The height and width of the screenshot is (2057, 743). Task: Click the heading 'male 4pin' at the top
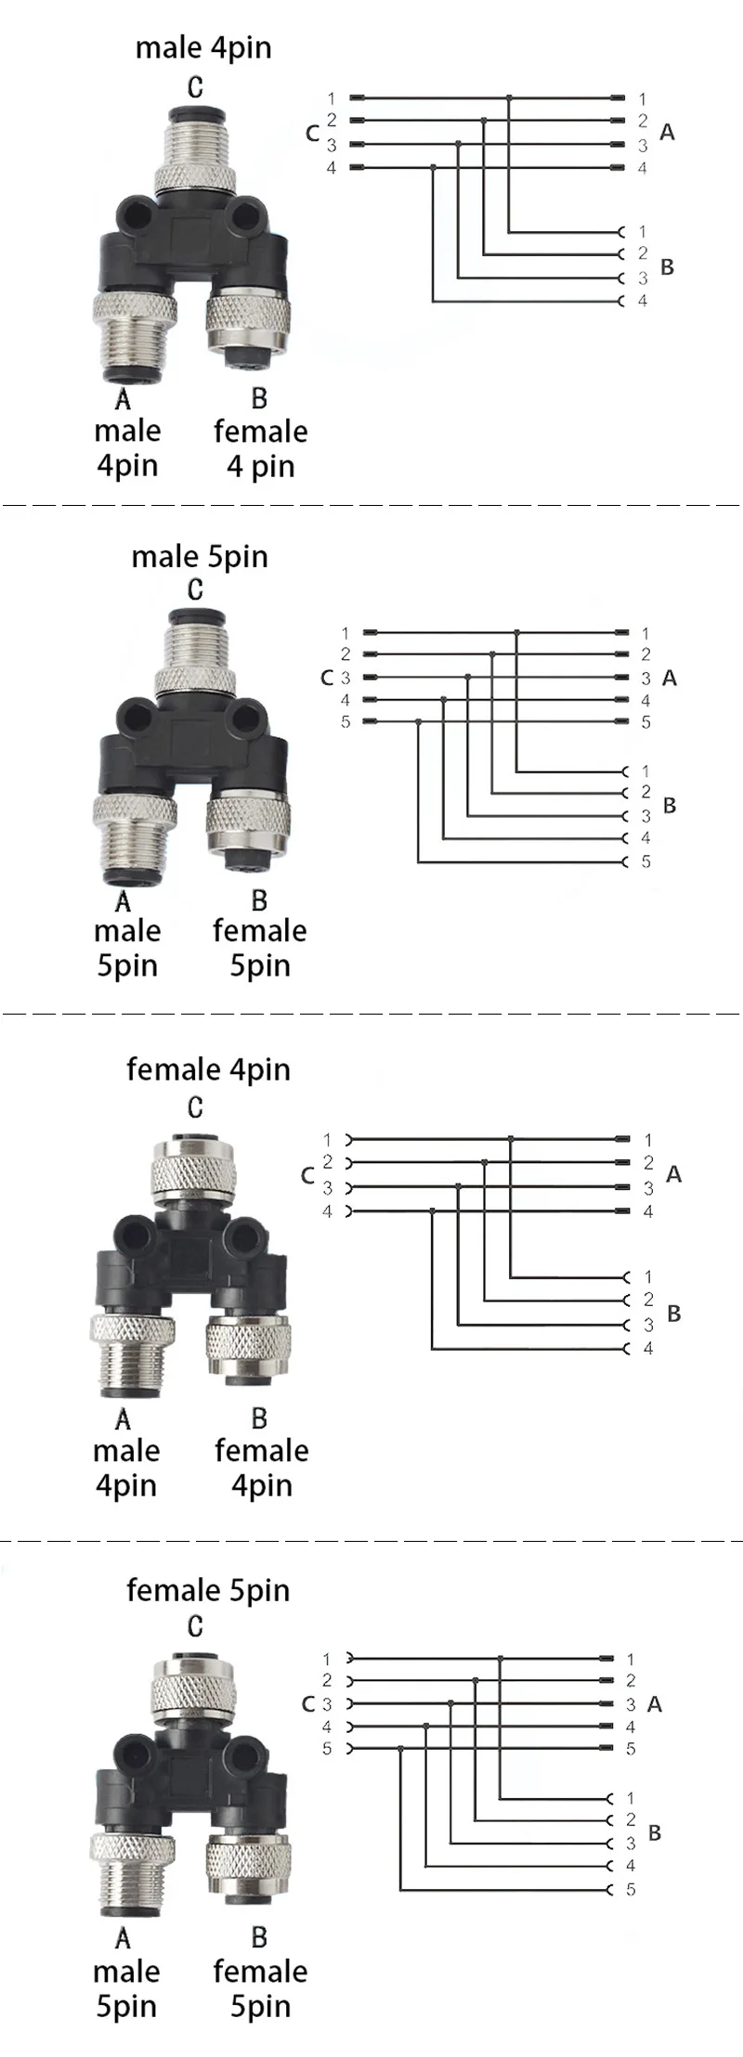(203, 48)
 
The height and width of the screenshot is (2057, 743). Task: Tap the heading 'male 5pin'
(200, 557)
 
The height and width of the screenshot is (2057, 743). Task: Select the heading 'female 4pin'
(208, 1069)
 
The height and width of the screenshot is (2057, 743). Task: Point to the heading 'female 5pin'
(208, 1590)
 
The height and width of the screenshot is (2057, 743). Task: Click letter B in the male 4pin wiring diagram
(667, 267)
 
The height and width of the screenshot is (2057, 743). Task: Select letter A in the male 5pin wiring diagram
(670, 679)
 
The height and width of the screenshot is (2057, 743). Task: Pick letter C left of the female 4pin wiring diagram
(307, 1176)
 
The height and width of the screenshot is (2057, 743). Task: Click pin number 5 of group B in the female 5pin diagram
(631, 1889)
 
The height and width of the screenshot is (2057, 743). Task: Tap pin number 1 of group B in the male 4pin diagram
(642, 231)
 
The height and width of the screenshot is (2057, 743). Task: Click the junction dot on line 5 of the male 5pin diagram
(419, 721)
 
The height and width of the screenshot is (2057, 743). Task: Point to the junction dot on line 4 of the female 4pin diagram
(433, 1210)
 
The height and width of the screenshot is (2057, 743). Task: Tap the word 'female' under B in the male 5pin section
(260, 930)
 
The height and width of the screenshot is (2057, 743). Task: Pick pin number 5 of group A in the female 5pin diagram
(631, 1749)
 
